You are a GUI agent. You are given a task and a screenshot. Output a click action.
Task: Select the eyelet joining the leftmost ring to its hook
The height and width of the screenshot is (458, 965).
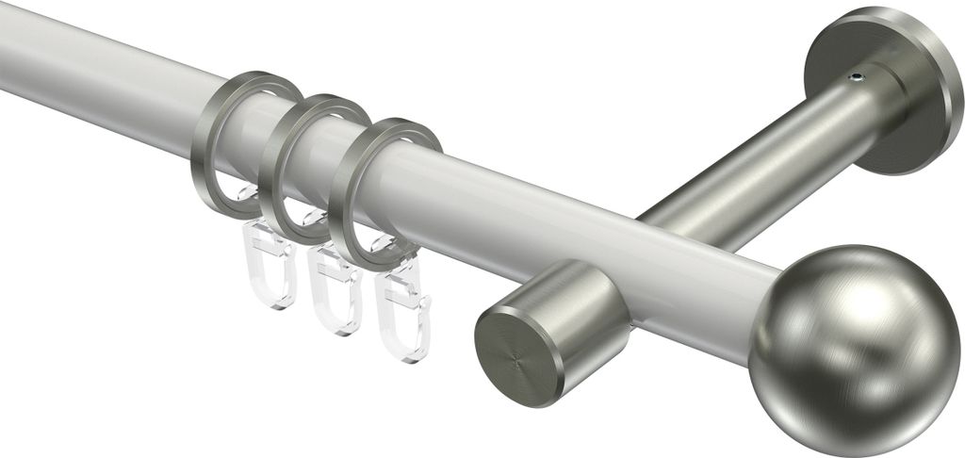(248, 198)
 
